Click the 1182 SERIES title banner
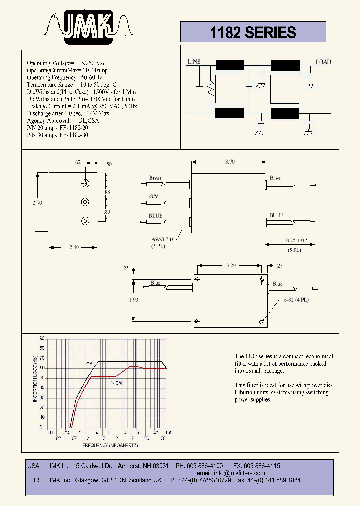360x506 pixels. (x=253, y=33)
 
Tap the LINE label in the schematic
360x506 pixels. (x=194, y=62)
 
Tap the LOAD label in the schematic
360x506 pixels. (x=323, y=62)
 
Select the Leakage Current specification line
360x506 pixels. (x=81, y=106)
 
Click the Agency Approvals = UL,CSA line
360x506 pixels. (x=63, y=121)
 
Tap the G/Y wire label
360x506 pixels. (x=154, y=197)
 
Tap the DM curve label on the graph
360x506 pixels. (x=118, y=383)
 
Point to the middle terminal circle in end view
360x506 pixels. (x=85, y=202)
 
